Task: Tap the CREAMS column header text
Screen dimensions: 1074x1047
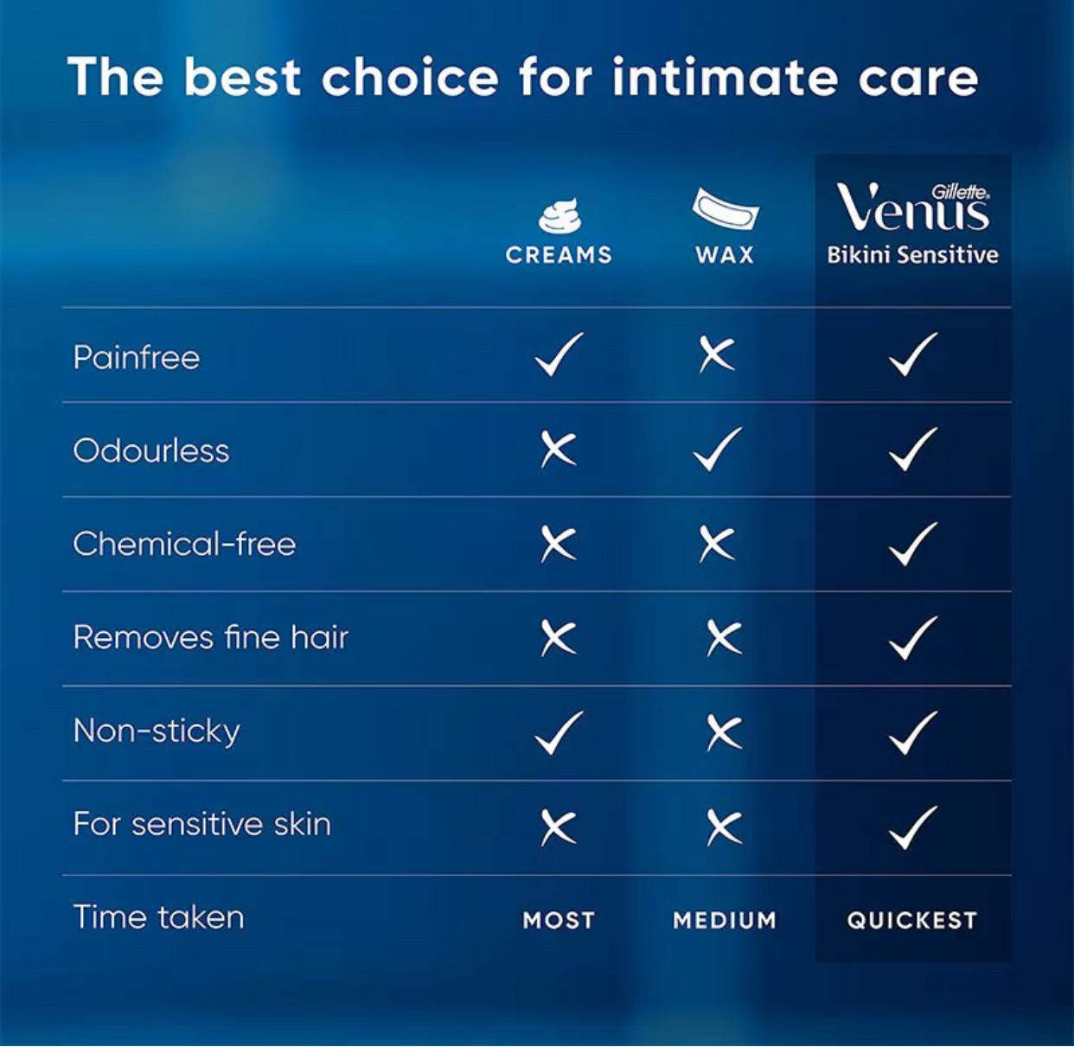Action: coord(559,255)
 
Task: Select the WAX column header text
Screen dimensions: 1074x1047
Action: coord(725,255)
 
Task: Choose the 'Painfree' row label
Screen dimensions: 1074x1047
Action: coord(137,357)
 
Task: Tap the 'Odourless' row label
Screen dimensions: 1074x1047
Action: coord(151,450)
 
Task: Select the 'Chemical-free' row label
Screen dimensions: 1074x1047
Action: coord(184,544)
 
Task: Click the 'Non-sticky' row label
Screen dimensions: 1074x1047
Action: coord(157,731)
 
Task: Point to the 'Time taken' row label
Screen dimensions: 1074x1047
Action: coord(158,917)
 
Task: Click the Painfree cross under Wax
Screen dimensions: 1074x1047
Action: coord(716,354)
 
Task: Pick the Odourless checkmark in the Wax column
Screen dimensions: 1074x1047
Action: coord(717,450)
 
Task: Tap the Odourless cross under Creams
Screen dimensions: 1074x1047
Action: coord(559,450)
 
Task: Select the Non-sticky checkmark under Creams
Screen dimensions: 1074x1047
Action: coord(559,733)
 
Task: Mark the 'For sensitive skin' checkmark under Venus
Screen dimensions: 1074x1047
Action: coord(913,827)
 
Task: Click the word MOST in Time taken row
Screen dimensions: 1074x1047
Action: coord(559,920)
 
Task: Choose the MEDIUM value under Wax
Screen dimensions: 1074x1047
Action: coord(725,920)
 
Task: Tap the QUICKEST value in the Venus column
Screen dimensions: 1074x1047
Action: coord(912,920)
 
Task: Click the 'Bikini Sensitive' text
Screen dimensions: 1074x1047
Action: coord(913,255)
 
